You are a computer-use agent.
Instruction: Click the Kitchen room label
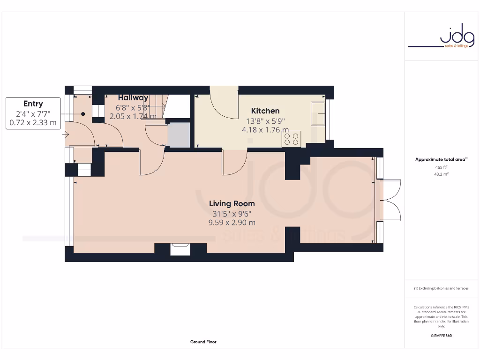pyautogui.click(x=265, y=111)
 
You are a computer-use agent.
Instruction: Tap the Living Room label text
pyautogui.click(x=232, y=203)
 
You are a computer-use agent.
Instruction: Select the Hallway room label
pyautogui.click(x=133, y=97)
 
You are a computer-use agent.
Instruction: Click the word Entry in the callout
pyautogui.click(x=33, y=104)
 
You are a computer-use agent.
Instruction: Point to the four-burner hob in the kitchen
pyautogui.click(x=292, y=139)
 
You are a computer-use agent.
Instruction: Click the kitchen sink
pyautogui.click(x=319, y=113)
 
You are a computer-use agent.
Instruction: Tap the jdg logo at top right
pyautogui.click(x=450, y=37)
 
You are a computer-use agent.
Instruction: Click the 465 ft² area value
pyautogui.click(x=441, y=167)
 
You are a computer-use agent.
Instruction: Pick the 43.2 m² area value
pyautogui.click(x=441, y=174)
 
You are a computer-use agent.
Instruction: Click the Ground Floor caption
pyautogui.click(x=203, y=342)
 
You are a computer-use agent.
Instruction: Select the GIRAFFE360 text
pyautogui.click(x=441, y=336)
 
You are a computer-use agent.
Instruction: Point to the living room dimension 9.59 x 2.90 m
pyautogui.click(x=232, y=223)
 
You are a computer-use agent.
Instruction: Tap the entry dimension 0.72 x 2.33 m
pyautogui.click(x=33, y=123)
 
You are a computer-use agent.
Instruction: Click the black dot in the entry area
pyautogui.click(x=82, y=113)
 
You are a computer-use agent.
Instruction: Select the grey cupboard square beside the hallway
pyautogui.click(x=179, y=135)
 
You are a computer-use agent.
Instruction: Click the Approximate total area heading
pyautogui.click(x=441, y=160)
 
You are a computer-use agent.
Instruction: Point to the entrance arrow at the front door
pyautogui.click(x=66, y=135)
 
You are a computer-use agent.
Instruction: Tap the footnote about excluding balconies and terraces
pyautogui.click(x=441, y=288)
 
